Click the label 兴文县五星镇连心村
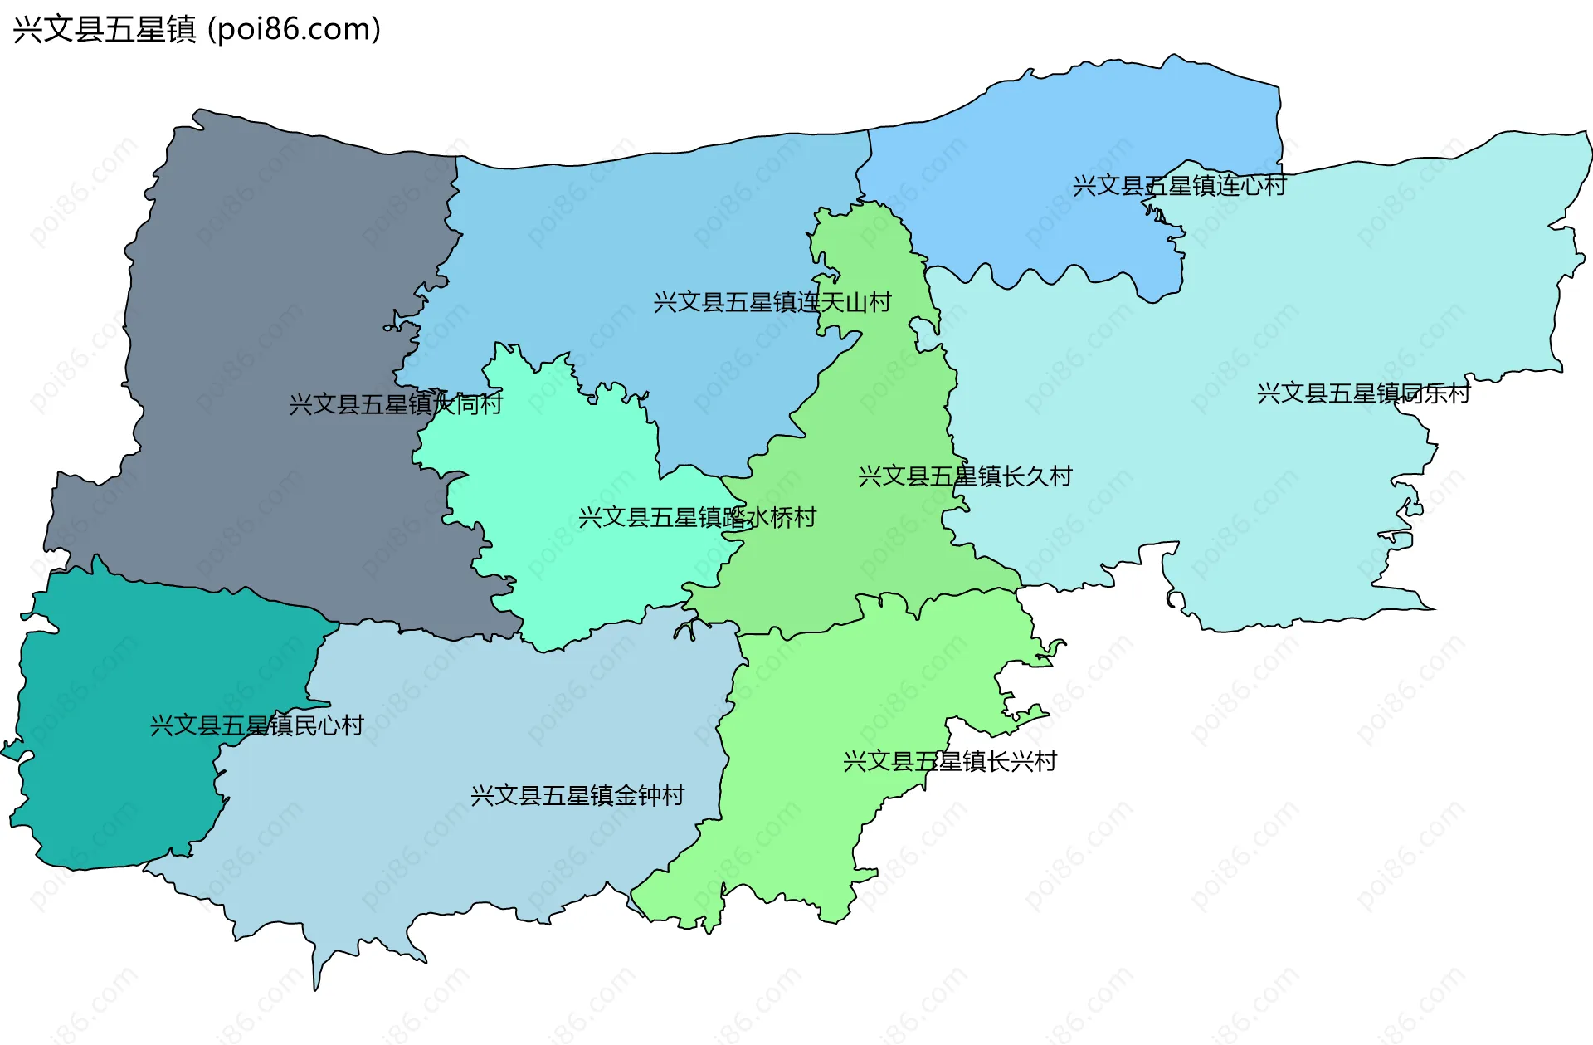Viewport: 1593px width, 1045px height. [1179, 185]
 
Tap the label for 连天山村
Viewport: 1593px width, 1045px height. [772, 302]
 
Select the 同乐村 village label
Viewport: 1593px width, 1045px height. [1363, 393]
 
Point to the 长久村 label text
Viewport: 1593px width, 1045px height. [965, 476]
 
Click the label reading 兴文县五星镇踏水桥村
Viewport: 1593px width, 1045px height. [697, 518]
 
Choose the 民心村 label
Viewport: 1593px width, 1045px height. [256, 725]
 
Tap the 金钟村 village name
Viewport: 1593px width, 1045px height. [577, 796]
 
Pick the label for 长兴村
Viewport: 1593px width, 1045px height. [950, 761]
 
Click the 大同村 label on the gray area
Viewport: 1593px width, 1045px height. [395, 404]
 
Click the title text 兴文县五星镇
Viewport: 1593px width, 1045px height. [105, 29]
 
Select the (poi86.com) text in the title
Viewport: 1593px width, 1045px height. [294, 29]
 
